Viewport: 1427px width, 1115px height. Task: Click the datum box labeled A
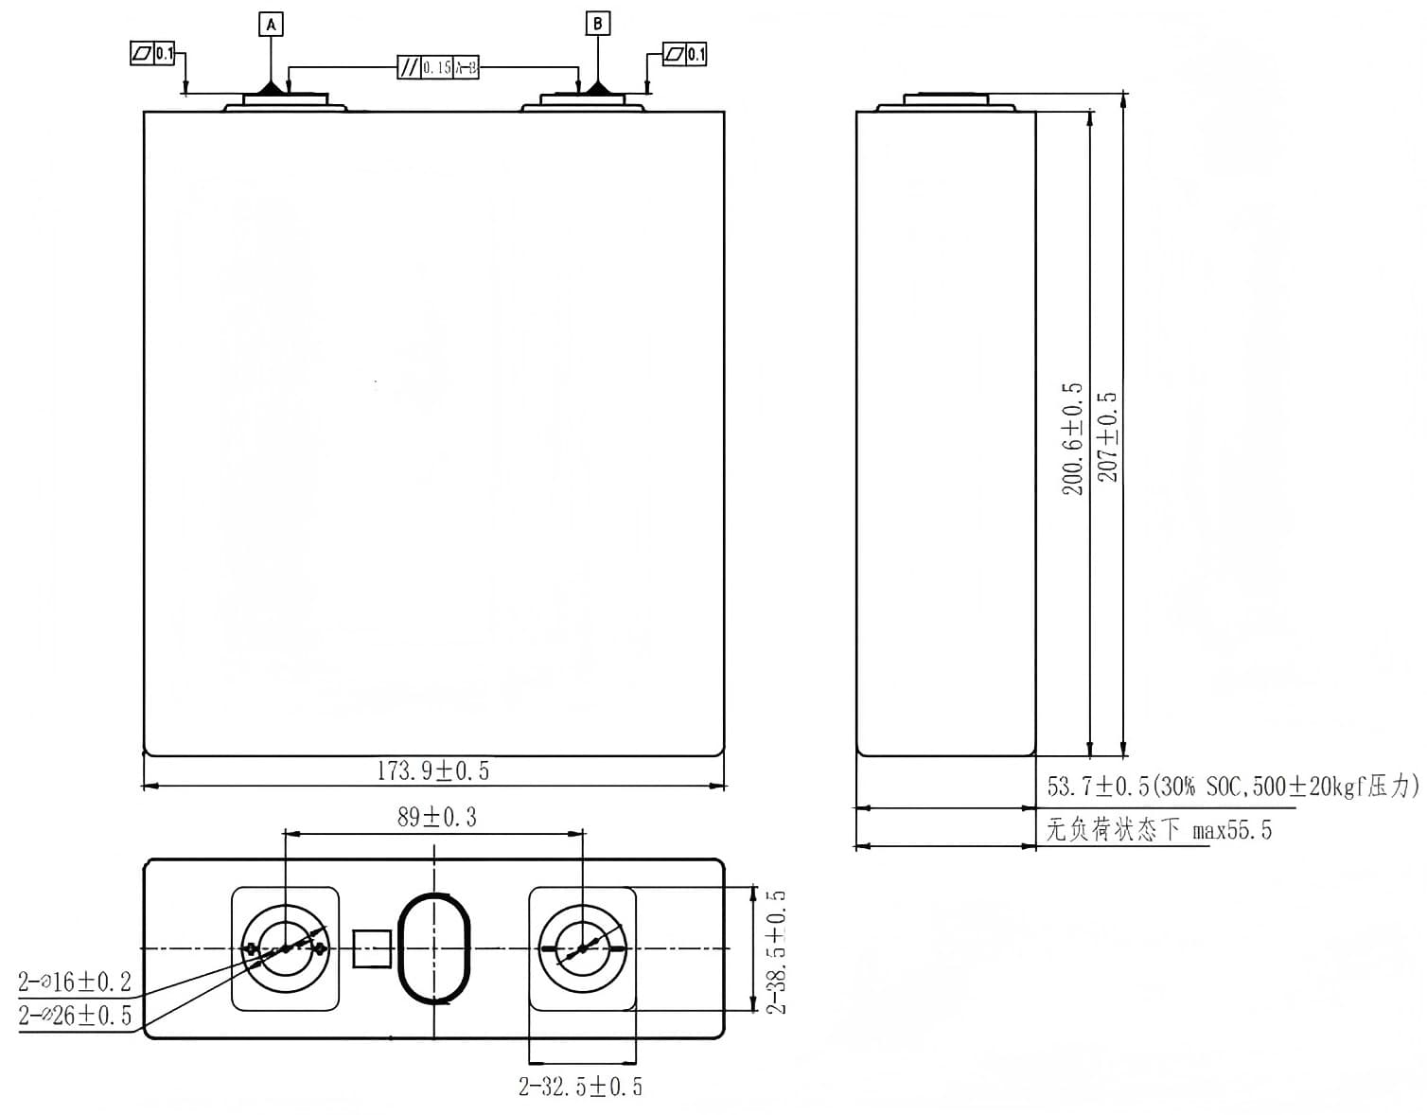[272, 25]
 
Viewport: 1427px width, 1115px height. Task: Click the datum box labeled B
[598, 24]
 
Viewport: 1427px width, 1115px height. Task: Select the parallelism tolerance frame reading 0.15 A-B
[437, 67]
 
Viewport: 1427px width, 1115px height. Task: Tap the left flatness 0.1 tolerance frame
[153, 54]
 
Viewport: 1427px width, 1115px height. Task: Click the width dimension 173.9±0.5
[433, 770]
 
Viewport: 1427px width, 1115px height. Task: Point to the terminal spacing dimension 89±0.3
[436, 817]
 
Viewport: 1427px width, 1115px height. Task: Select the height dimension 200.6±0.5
[1072, 439]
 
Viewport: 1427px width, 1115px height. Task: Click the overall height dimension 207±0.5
[1107, 436]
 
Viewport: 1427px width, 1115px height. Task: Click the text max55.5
[1232, 831]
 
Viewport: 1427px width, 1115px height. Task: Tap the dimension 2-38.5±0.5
[777, 951]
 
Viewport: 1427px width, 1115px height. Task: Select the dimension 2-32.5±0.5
[580, 1087]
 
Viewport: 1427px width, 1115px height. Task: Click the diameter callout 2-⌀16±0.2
[75, 982]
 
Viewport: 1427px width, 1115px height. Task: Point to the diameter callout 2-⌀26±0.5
[75, 1017]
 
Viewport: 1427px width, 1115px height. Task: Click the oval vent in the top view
[434, 947]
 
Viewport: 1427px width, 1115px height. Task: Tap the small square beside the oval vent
[372, 948]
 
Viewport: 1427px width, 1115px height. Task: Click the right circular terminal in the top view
[582, 948]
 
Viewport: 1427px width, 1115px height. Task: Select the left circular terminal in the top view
[285, 948]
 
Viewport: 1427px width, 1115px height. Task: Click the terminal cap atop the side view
[946, 98]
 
